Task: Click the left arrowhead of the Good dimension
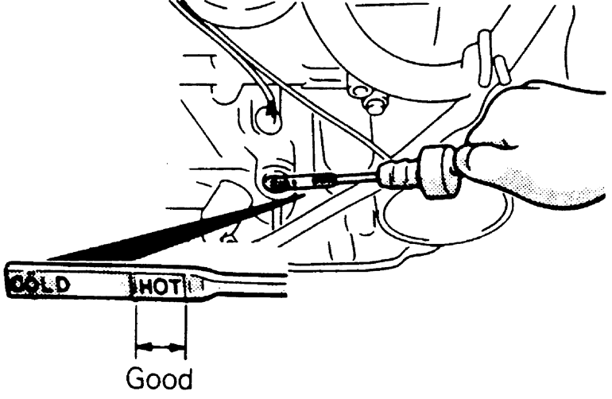(x=141, y=347)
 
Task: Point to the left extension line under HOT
(x=136, y=326)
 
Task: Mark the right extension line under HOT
(x=186, y=326)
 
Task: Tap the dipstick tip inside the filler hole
(x=277, y=181)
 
